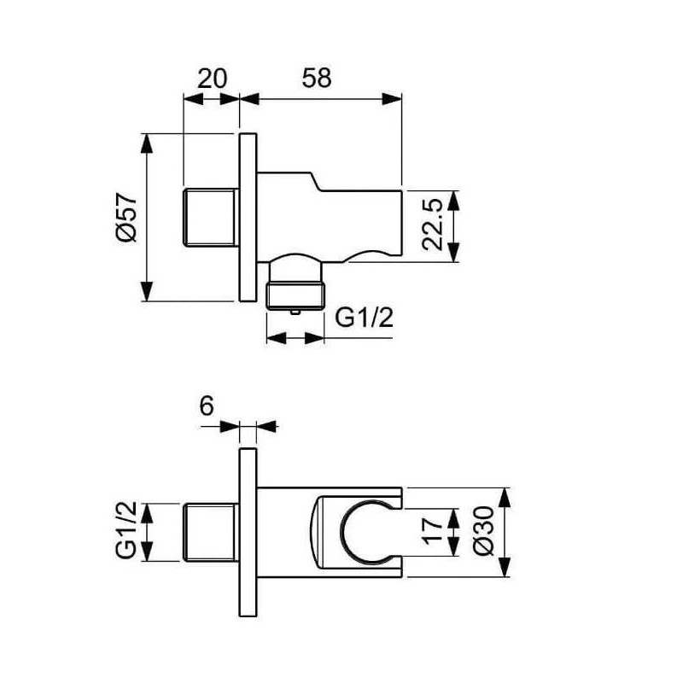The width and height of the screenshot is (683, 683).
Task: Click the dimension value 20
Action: pyautogui.click(x=212, y=79)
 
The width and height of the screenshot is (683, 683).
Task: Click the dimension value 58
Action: pyautogui.click(x=317, y=79)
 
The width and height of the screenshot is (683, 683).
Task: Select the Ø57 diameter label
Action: pyautogui.click(x=126, y=217)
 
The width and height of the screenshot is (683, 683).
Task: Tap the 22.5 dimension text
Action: pyautogui.click(x=433, y=225)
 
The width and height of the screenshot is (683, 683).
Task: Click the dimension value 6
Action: pyautogui.click(x=207, y=406)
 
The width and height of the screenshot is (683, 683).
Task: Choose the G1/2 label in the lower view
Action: pyautogui.click(x=126, y=529)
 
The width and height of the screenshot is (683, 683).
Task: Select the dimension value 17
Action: pyautogui.click(x=434, y=531)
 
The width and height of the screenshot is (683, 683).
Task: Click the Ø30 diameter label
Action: pyautogui.click(x=484, y=530)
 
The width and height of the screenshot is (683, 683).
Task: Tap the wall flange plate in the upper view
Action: pyautogui.click(x=248, y=217)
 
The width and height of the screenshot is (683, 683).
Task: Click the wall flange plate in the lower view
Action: pyautogui.click(x=248, y=532)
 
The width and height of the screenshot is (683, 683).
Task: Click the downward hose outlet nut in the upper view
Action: pyautogui.click(x=295, y=295)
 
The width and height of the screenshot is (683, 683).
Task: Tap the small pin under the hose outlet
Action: pyautogui.click(x=295, y=312)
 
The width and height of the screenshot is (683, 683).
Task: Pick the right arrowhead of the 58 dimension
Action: pyautogui.click(x=392, y=99)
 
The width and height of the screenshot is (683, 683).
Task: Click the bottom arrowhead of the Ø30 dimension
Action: pyautogui.click(x=504, y=567)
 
